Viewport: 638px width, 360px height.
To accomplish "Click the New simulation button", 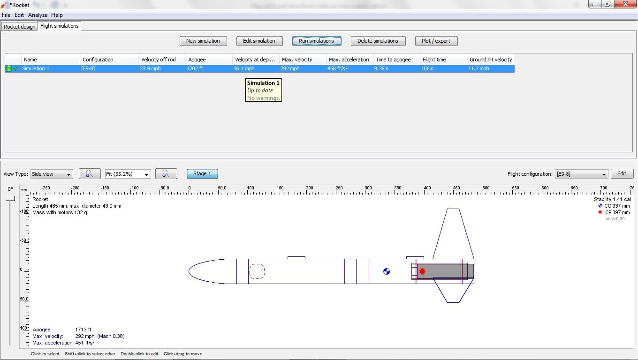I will click(x=203, y=41).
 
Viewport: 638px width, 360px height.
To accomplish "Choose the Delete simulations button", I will click(x=378, y=41).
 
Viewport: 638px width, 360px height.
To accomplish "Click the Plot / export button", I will click(x=436, y=41).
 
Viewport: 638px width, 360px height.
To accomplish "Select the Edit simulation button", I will click(x=259, y=41).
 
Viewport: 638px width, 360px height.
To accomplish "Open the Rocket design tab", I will click(x=20, y=27).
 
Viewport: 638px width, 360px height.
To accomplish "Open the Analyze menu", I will click(x=38, y=15).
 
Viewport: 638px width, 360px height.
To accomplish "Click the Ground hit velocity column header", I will click(x=490, y=60).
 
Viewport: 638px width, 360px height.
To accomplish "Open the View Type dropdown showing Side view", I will click(x=52, y=174).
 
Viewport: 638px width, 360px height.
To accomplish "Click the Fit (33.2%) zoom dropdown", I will click(x=128, y=174).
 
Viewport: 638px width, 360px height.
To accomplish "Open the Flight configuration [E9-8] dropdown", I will click(x=581, y=174).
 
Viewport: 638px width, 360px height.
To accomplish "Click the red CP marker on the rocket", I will click(x=422, y=271).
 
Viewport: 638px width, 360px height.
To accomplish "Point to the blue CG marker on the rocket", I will click(x=387, y=271).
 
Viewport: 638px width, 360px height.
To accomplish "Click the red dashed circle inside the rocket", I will click(x=257, y=271).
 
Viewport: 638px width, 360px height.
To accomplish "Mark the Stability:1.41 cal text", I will click(x=612, y=199).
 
